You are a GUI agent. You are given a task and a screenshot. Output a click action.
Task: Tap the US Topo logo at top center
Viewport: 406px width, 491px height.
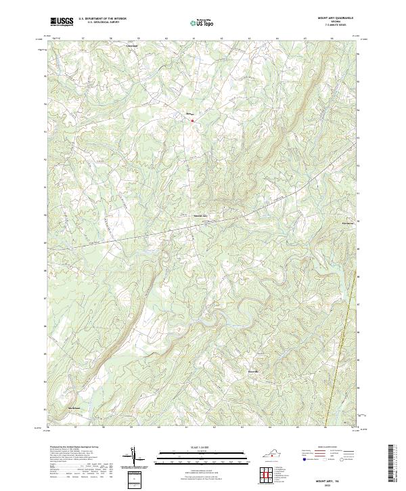coord(201,22)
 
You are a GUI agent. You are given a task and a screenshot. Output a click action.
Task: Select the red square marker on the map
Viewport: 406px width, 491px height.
coord(192,121)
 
